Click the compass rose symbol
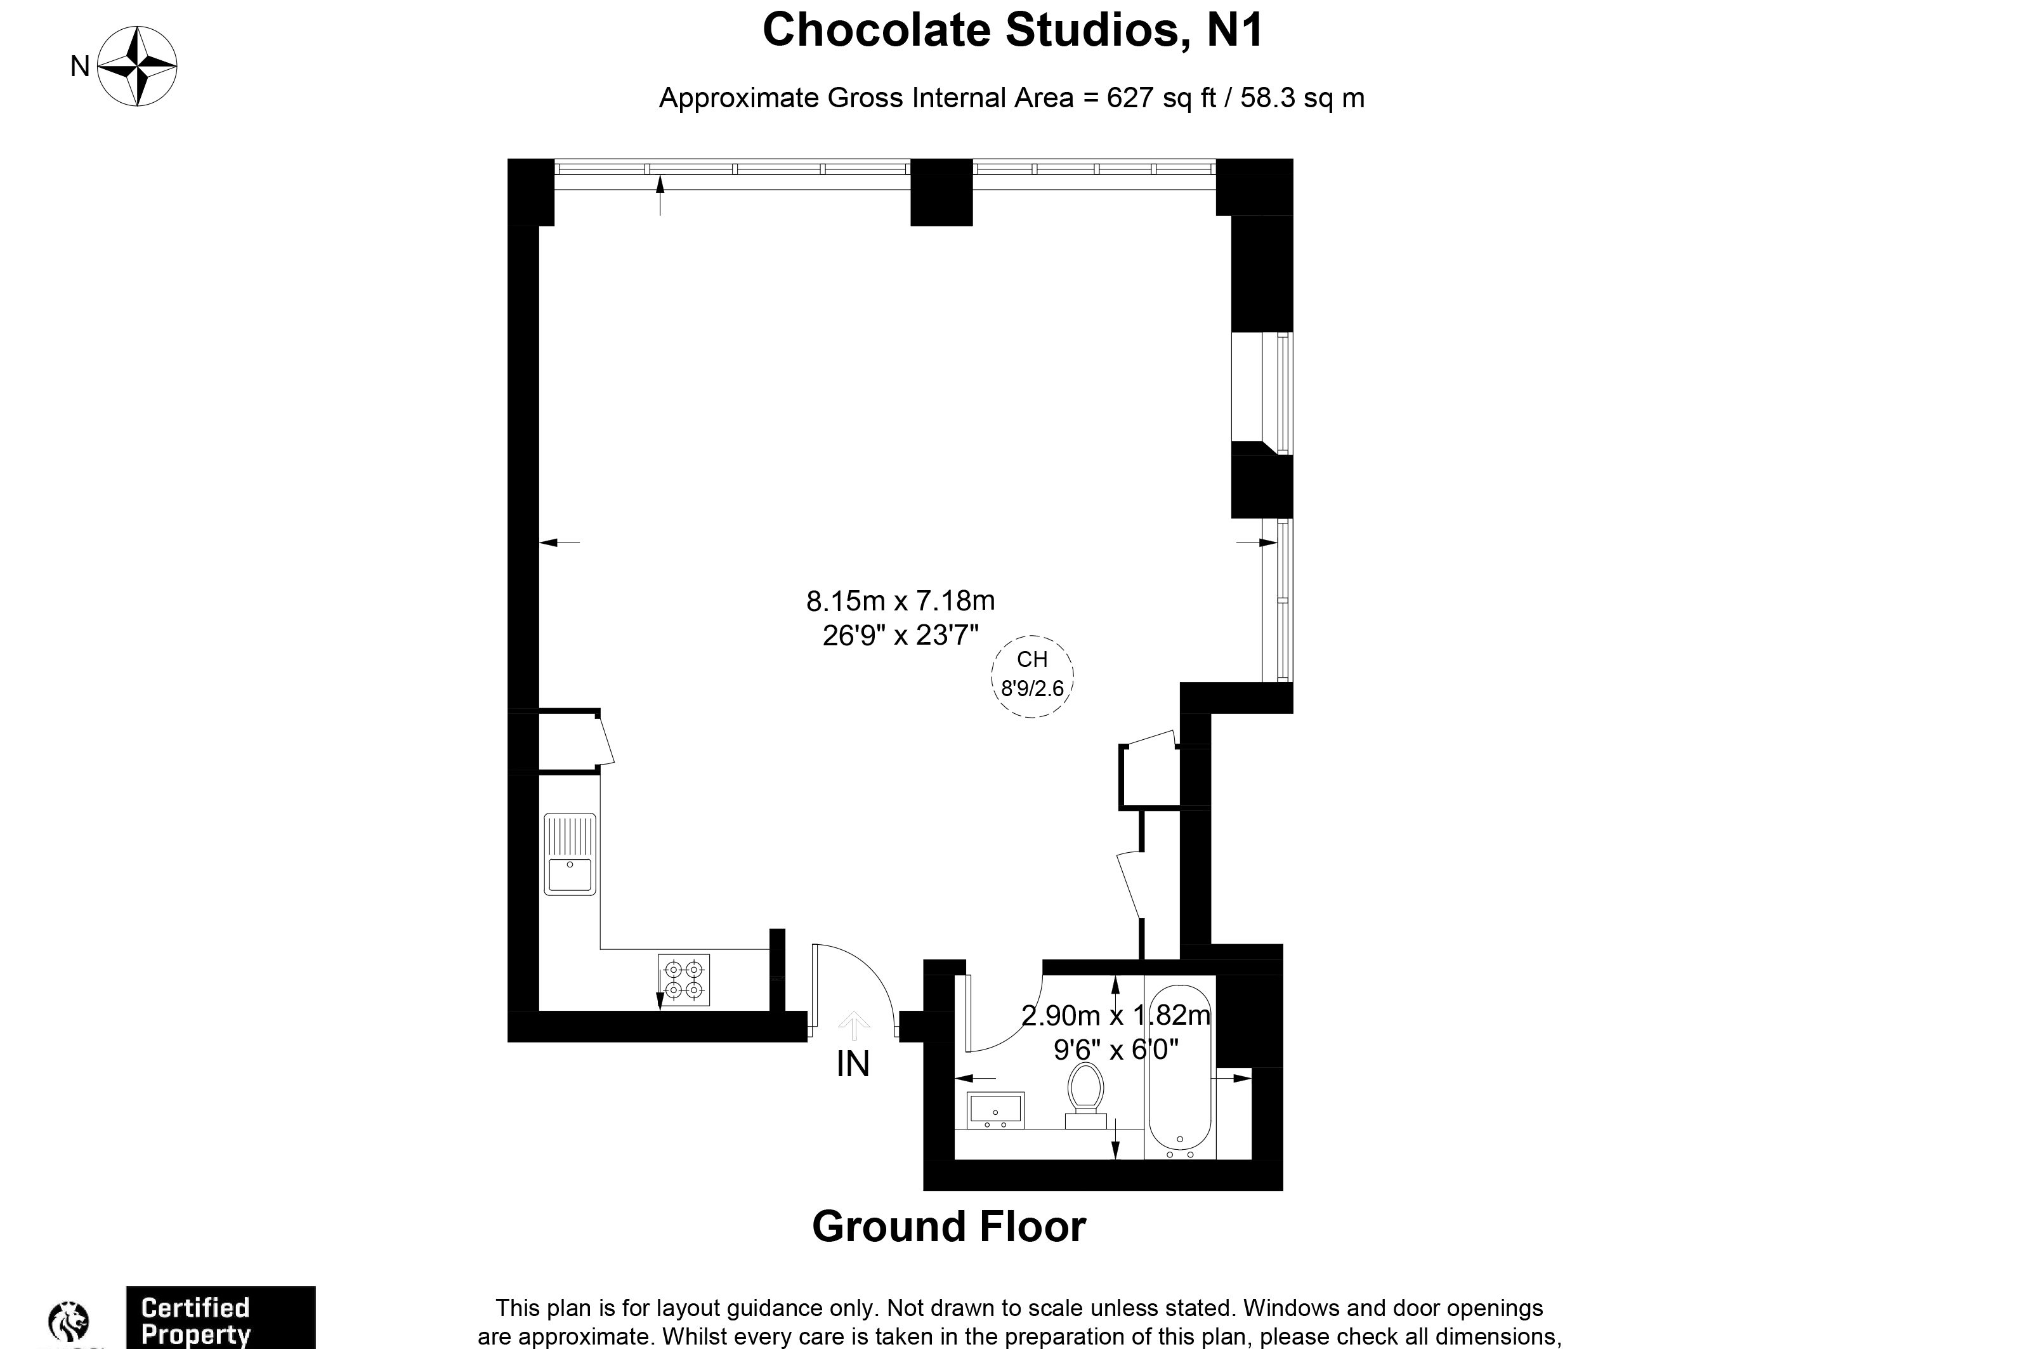click(x=137, y=66)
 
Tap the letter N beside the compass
click(x=79, y=66)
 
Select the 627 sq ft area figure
click(x=1161, y=98)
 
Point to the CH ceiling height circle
click(x=1031, y=675)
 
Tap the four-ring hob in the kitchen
click(x=684, y=979)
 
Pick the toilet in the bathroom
click(x=1085, y=1095)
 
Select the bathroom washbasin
click(x=995, y=1110)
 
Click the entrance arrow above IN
click(x=853, y=1023)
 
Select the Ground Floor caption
click(x=949, y=1226)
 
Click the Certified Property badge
click(x=220, y=1318)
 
